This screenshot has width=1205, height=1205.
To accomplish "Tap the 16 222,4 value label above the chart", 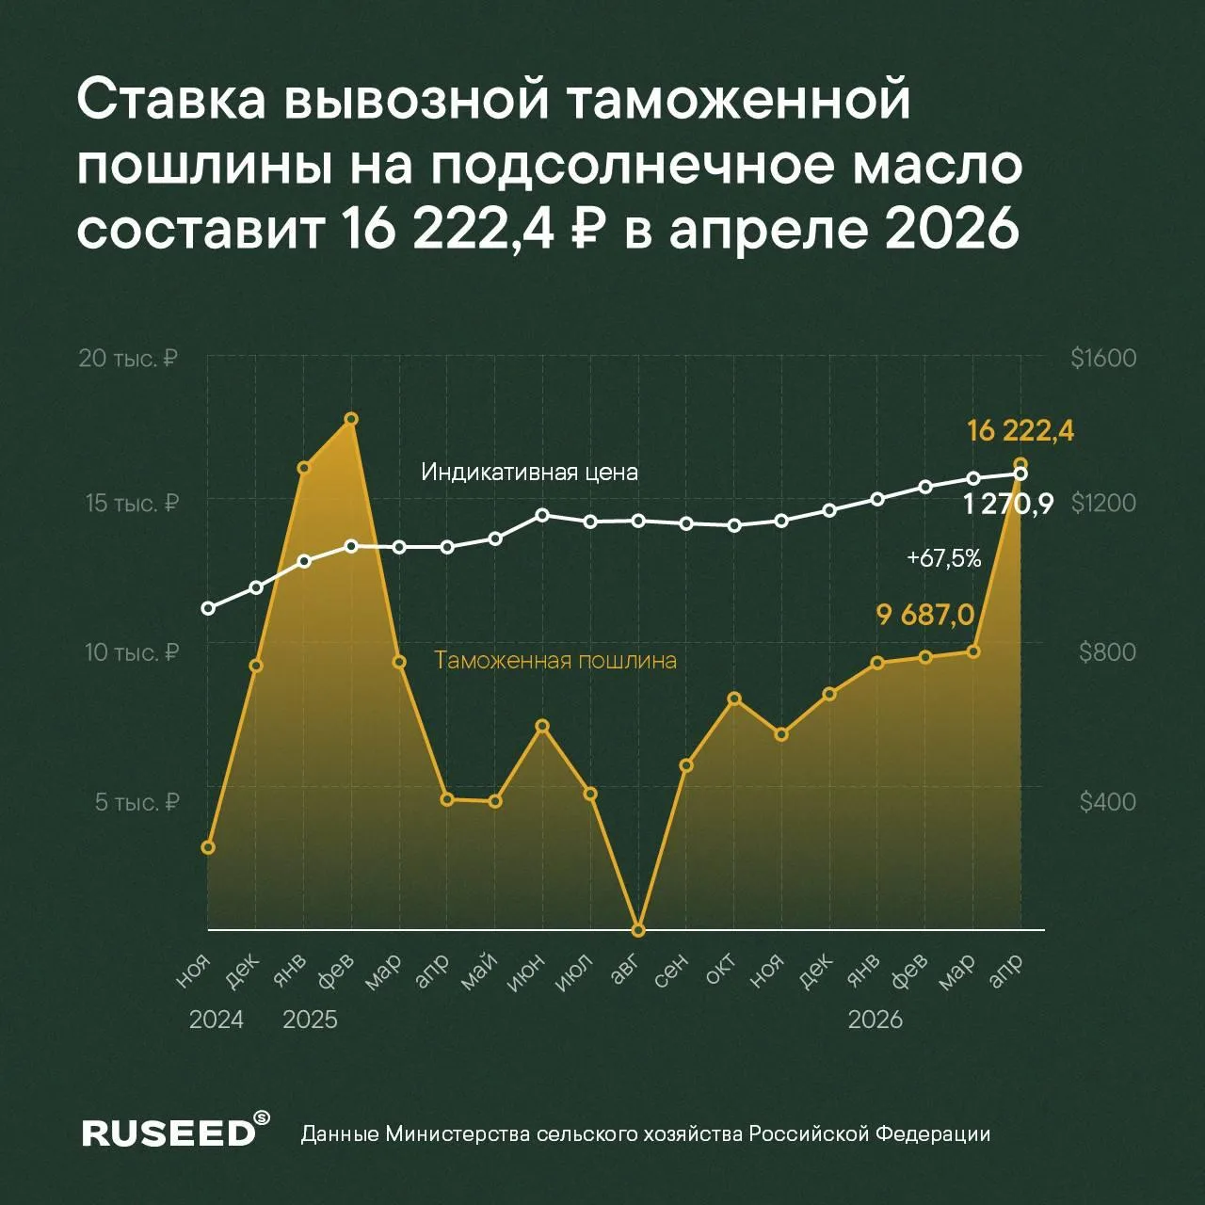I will [1020, 431].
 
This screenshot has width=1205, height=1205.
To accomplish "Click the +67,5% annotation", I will [943, 558].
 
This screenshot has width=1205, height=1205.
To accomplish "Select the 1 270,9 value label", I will [1008, 505].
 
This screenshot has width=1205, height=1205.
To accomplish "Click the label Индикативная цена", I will [529, 472].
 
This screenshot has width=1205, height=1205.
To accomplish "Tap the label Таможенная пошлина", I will [554, 660].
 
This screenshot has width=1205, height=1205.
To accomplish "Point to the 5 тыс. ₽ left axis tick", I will [137, 802].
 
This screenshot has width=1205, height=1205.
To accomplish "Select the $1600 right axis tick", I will [1103, 359].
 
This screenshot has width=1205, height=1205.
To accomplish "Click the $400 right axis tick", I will [1107, 802].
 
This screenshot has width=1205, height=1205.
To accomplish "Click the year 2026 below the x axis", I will [875, 1020].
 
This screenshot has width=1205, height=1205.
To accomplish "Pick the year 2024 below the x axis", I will [216, 1020].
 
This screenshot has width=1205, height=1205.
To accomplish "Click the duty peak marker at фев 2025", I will [351, 419].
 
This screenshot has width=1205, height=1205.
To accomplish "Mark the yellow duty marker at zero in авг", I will [638, 930].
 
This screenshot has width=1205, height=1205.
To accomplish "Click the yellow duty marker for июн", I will [542, 726].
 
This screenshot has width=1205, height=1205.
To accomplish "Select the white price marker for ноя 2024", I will [208, 608].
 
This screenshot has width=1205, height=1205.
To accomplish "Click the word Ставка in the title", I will [169, 101].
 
